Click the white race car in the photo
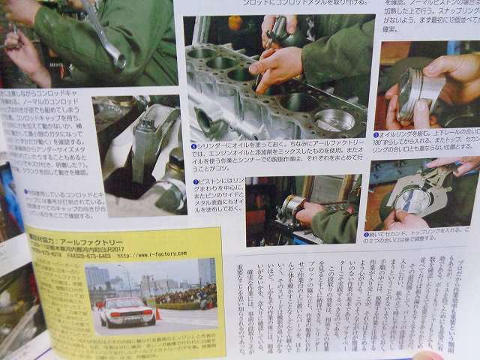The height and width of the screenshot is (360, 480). (x=127, y=311)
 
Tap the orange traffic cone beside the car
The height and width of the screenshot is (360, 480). (x=158, y=313)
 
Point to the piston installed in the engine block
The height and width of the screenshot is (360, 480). (x=334, y=119)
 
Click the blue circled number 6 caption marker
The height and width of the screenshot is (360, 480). (x=193, y=146)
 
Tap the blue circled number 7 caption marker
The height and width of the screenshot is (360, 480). (x=195, y=181)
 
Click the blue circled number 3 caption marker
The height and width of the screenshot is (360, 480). (x=376, y=135)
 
